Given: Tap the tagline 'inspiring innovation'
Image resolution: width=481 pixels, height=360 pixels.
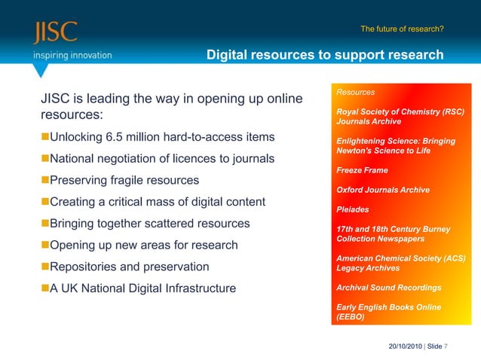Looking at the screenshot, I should tap(72, 55).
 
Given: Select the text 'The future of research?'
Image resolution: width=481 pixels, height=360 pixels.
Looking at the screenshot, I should tap(402, 29).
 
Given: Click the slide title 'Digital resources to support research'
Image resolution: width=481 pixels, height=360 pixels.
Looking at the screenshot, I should tap(325, 55).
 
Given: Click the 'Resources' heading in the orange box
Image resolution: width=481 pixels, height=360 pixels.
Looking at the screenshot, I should tap(356, 93).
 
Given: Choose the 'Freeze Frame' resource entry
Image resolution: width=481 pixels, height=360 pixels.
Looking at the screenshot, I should tap(362, 170).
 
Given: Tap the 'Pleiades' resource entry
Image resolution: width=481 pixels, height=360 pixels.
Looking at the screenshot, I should tap(353, 209).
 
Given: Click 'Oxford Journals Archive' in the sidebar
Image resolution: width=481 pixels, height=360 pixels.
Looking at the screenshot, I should tap(383, 190).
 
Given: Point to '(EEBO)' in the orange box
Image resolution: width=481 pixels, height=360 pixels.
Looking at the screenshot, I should tap(350, 317).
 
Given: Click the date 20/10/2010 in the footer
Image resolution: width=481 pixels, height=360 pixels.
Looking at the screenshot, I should tap(405, 346).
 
